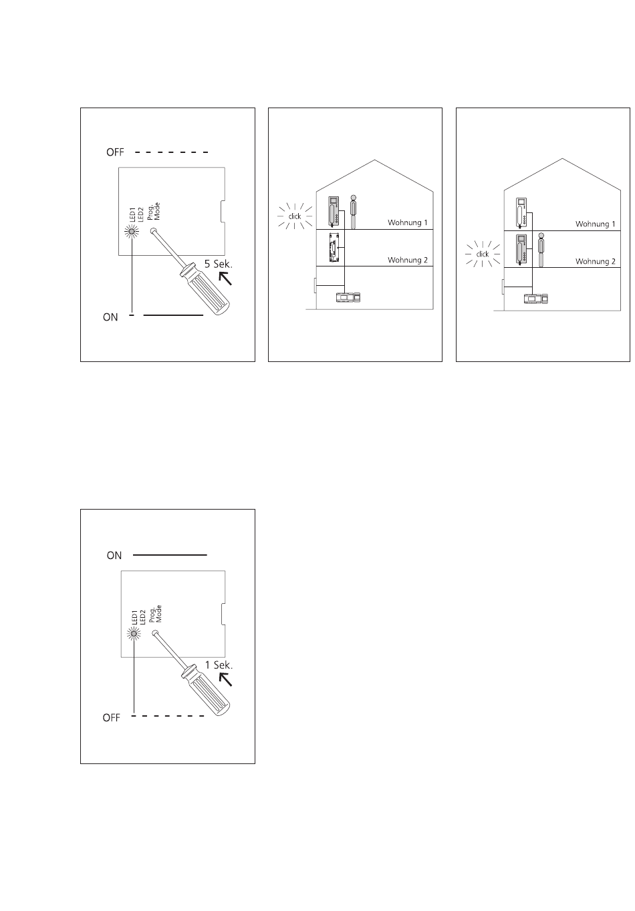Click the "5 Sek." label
[x=218, y=264]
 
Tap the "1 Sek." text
[x=219, y=665]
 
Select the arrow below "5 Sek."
[x=225, y=279]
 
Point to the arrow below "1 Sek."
[x=225, y=680]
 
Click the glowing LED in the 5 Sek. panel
[x=132, y=232]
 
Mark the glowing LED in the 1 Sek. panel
[x=134, y=633]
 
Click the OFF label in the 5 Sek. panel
[x=115, y=152]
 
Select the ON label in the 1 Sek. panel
[x=114, y=556]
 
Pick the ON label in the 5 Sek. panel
[x=110, y=317]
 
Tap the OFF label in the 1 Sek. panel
[x=111, y=718]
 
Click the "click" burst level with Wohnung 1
[x=295, y=216]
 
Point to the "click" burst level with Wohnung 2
[x=483, y=254]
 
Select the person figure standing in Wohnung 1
[x=354, y=212]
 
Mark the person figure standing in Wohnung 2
[x=541, y=250]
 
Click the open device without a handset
[x=334, y=247]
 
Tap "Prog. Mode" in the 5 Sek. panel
[x=154, y=212]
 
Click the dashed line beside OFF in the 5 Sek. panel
[x=171, y=152]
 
